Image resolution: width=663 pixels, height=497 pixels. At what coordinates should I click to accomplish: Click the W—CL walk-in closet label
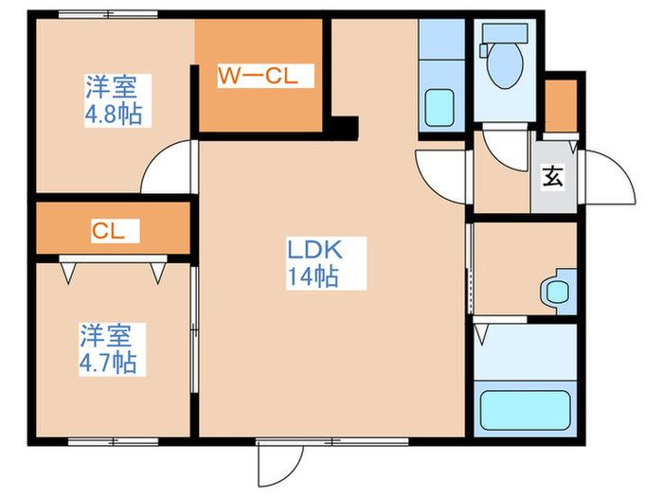[258, 76]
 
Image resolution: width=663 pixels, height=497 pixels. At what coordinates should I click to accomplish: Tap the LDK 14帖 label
[314, 263]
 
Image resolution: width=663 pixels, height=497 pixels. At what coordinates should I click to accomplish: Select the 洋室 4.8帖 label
[114, 100]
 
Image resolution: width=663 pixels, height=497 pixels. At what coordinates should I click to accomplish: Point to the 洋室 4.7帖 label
[108, 349]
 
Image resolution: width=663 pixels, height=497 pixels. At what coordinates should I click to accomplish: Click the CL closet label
[108, 231]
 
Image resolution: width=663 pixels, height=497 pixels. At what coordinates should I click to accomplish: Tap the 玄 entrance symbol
[553, 176]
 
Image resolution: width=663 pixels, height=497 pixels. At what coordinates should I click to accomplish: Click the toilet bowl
[505, 64]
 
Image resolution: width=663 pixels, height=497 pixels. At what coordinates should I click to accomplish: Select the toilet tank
[505, 33]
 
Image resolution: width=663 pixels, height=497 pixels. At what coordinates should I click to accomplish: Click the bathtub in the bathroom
[525, 410]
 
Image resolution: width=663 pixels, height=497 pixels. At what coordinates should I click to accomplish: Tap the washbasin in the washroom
[558, 292]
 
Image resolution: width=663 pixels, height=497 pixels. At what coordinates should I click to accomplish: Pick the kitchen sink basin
[439, 108]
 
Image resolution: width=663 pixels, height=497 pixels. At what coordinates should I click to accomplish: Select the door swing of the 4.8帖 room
[167, 166]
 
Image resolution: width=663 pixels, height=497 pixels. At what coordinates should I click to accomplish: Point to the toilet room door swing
[506, 151]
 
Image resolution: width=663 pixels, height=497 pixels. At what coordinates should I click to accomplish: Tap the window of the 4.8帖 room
[108, 14]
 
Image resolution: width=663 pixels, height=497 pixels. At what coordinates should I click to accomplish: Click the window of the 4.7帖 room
[114, 442]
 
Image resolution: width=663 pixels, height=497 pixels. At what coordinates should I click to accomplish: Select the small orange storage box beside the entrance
[561, 106]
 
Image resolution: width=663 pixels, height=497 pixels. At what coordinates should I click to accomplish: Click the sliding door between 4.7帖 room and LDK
[194, 329]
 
